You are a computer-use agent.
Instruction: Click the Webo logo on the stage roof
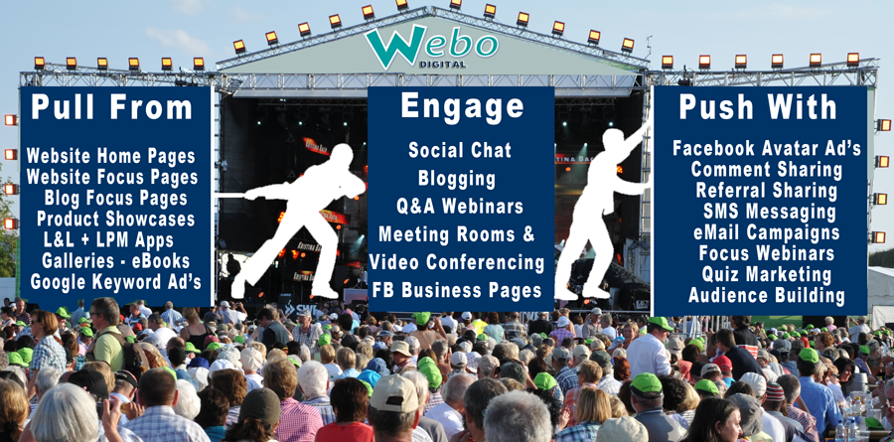coord(431,47)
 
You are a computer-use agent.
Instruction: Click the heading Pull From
coord(111,106)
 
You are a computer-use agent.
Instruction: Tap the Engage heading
coord(462,105)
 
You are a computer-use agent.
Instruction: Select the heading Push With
coord(758,106)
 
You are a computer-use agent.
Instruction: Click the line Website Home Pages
coord(111,156)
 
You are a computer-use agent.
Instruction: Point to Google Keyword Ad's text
coord(116,282)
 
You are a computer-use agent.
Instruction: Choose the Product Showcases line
coord(116,219)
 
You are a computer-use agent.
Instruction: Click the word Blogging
coord(457,179)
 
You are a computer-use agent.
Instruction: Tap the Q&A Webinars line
coord(460,206)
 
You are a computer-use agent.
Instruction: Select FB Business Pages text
coord(457,290)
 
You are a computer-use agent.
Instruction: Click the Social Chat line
coord(460,150)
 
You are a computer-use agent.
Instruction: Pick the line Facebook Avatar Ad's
coord(767,148)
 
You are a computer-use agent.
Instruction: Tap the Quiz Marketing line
coord(766,274)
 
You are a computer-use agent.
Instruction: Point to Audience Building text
coord(766,295)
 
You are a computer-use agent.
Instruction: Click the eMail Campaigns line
coord(766,232)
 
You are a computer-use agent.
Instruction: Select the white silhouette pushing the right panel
coord(604,211)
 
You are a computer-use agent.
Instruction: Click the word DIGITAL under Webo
coord(442,64)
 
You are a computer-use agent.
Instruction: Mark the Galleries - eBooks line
coord(116,260)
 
